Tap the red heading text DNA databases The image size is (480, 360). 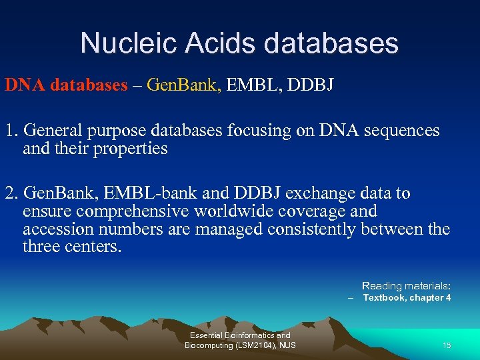pos(65,85)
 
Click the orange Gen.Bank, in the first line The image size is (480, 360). pos(184,85)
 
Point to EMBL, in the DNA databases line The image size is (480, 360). pos(255,85)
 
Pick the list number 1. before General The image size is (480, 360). pos(12,131)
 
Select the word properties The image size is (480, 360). pos(130,149)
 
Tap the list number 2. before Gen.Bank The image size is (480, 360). pos(12,194)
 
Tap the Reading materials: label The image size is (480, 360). pos(406,285)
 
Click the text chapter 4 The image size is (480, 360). pos(431,297)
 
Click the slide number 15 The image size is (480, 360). pos(447,345)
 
